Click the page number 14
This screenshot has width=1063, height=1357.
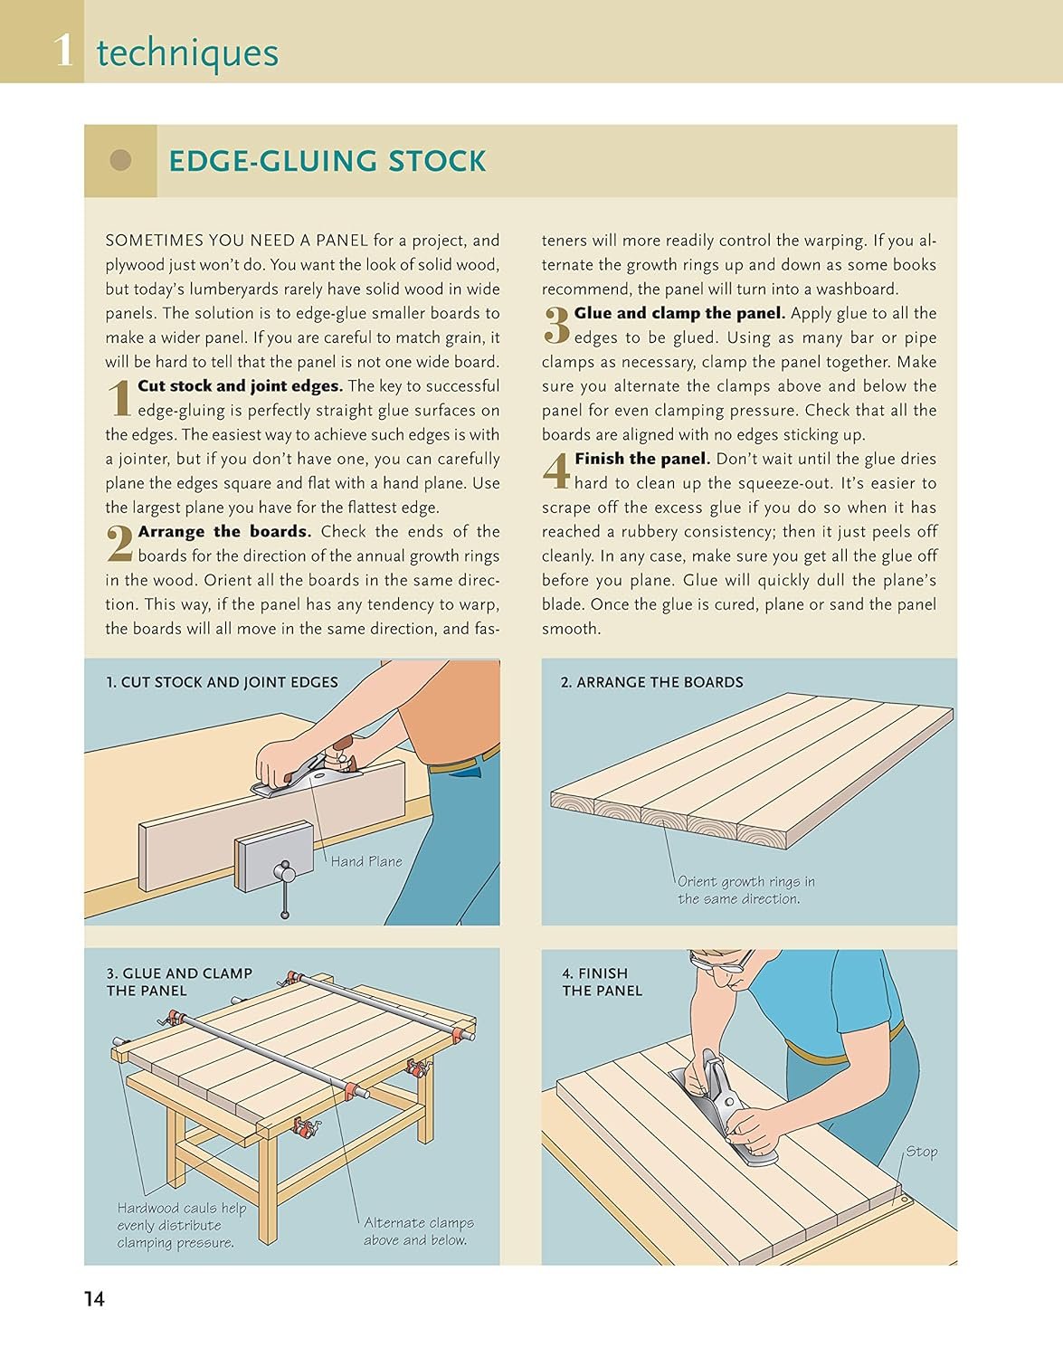[x=94, y=1299]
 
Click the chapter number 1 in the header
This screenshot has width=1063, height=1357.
[x=63, y=52]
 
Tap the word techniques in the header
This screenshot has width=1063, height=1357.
[x=187, y=53]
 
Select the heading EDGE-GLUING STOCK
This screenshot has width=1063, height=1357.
[x=327, y=161]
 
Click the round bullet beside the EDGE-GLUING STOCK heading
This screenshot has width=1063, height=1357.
[x=120, y=160]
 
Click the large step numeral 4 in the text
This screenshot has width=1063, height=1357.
[x=555, y=470]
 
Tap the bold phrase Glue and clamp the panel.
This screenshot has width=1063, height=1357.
[x=679, y=314]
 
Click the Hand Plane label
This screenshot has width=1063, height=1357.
[x=366, y=861]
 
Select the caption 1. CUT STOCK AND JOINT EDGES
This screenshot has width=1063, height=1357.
[x=223, y=682]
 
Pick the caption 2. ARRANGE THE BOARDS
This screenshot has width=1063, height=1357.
[x=651, y=682]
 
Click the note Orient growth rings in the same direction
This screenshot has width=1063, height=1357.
[x=746, y=890]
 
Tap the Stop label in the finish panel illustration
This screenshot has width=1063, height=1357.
[x=921, y=1151]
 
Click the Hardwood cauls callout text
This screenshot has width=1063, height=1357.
[x=182, y=1226]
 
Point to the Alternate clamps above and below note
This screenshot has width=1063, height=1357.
[x=418, y=1231]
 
